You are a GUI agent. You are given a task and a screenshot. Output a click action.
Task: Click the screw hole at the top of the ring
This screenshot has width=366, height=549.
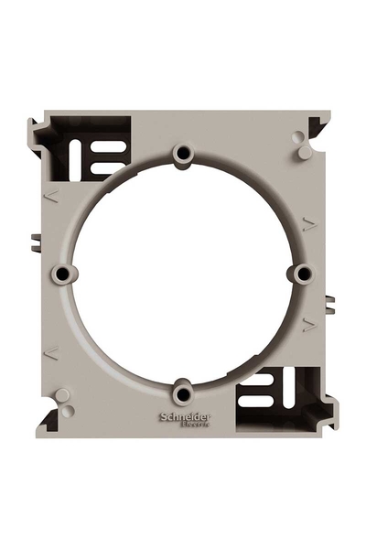185,151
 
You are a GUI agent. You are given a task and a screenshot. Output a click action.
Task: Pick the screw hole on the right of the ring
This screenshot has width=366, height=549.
305,272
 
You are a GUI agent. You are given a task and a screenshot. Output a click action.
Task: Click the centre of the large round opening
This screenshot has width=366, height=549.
184,273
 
